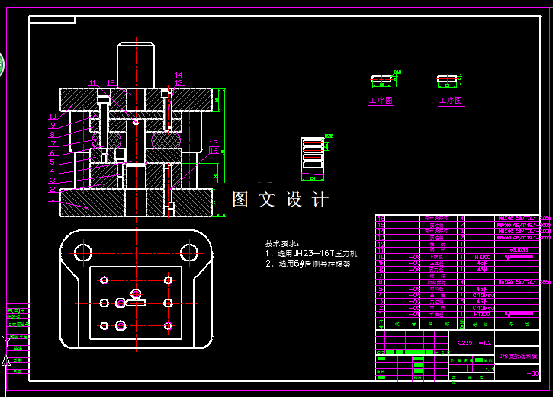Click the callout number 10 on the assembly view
click(x=53, y=117)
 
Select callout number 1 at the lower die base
click(x=53, y=200)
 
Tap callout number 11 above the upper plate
click(x=92, y=83)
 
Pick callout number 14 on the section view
click(x=178, y=75)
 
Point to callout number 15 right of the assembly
click(x=214, y=143)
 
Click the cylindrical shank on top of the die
click(x=137, y=64)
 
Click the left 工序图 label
click(x=381, y=101)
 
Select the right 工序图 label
click(x=451, y=101)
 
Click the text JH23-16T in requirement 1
click(x=308, y=254)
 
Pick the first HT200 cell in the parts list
click(x=482, y=257)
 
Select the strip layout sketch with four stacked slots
click(x=312, y=155)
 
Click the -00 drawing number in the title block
click(x=532, y=373)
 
